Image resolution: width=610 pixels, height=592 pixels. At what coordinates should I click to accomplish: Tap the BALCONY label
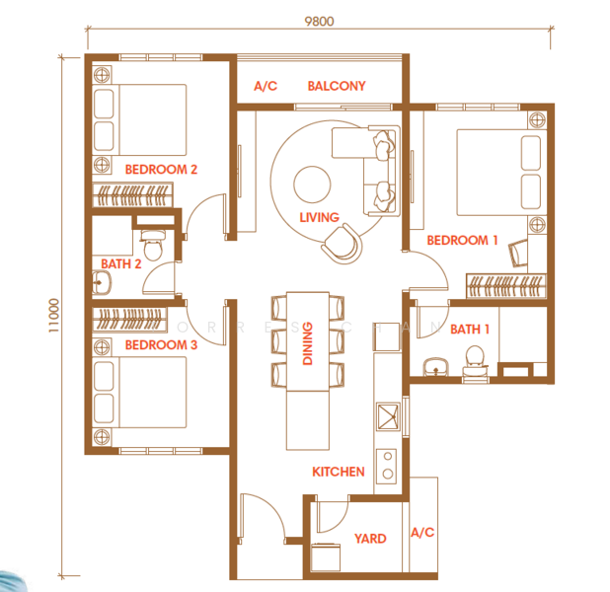pos(336,87)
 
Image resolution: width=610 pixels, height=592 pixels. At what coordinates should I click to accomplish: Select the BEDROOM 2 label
pos(161,170)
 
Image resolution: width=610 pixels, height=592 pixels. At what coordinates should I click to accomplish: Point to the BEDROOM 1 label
pos(462,240)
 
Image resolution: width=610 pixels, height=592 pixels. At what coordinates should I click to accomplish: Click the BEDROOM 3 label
pos(161,344)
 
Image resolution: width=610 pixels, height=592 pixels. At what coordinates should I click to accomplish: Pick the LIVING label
pos(319,217)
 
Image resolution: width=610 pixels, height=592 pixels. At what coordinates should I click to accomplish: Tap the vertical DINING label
pos(307,344)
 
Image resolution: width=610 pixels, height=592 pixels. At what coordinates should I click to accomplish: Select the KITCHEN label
pos(339,473)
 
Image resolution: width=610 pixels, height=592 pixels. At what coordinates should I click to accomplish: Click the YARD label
pos(370,539)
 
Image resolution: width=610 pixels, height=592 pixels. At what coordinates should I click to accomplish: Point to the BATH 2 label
pos(121,263)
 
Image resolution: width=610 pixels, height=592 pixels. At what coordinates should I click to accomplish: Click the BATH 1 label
pos(471,329)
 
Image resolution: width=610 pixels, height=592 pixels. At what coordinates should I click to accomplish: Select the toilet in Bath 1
pos(474,360)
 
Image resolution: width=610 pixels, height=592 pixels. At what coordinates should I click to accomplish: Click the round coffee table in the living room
pos(313,184)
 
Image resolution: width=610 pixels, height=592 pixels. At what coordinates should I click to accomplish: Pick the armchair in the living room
pos(341,242)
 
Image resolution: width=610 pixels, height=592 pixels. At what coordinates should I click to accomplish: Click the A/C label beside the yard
pos(421,533)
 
